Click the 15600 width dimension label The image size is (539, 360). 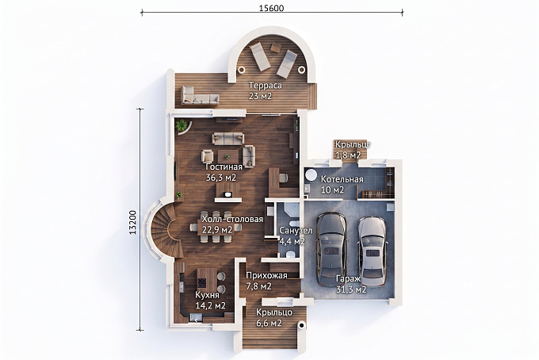pyautogui.click(x=271, y=8)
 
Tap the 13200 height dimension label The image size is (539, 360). pyautogui.click(x=133, y=222)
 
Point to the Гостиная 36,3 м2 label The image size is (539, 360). pyautogui.click(x=224, y=172)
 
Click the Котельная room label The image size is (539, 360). pyautogui.click(x=342, y=179)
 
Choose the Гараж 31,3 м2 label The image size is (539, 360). pyautogui.click(x=350, y=284)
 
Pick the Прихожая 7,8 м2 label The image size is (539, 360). pyautogui.click(x=266, y=281)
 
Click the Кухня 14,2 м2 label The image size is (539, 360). pyautogui.click(x=210, y=300)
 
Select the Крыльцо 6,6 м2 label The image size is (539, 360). pyautogui.click(x=274, y=317)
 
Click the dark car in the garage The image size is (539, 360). pyautogui.click(x=331, y=249)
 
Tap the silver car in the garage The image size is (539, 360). pyautogui.click(x=372, y=251)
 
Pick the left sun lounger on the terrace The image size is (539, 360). pyautogui.click(x=259, y=56)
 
